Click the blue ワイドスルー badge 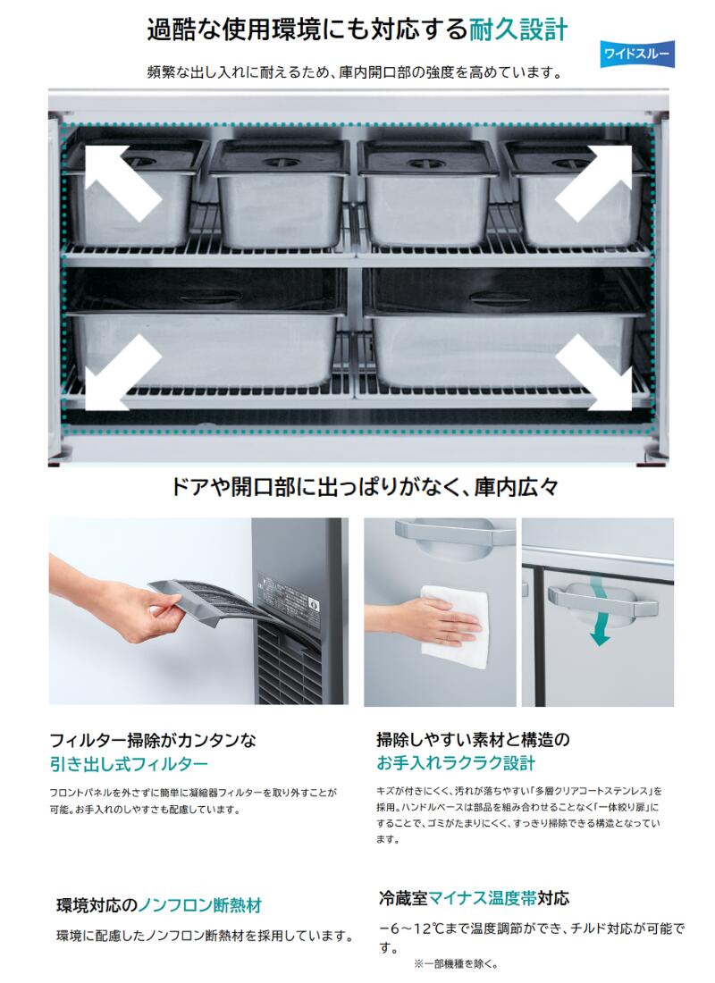point(636,54)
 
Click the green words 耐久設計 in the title point(518,29)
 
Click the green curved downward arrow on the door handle point(598,615)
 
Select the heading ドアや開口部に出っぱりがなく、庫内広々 point(365,486)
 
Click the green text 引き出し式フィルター point(129,763)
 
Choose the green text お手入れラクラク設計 point(456,763)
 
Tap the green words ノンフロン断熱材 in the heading point(199,905)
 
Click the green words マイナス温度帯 point(482,898)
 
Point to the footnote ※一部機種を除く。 point(456,963)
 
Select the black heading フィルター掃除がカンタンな point(153,741)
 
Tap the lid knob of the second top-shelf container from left point(279,162)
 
